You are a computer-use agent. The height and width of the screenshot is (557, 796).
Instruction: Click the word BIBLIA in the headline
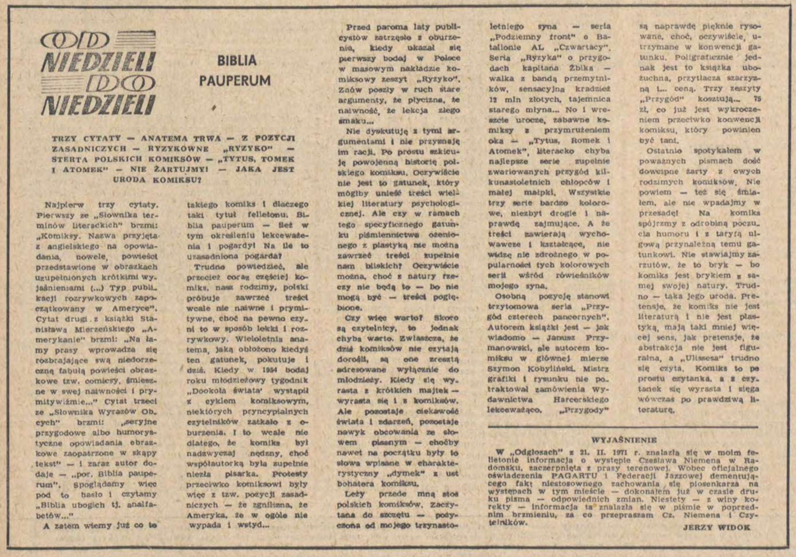[237, 61]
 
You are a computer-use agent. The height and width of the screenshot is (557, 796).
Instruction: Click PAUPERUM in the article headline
[235, 81]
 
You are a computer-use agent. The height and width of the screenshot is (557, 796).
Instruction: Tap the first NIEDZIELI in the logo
[99, 62]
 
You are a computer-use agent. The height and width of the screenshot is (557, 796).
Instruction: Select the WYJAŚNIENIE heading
[624, 440]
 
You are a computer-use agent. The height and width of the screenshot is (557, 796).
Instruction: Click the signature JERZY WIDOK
[716, 528]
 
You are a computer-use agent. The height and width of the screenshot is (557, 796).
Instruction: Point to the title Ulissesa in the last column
[712, 358]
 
